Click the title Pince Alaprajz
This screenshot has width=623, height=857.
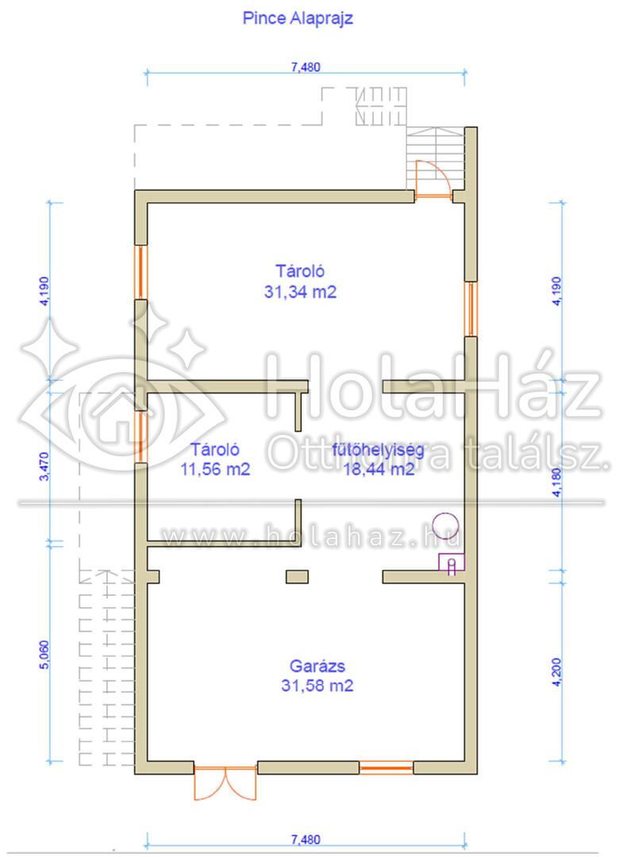click(298, 18)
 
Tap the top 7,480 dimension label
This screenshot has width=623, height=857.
click(306, 67)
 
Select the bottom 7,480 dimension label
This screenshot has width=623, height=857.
click(306, 840)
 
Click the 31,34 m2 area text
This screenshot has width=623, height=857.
click(300, 292)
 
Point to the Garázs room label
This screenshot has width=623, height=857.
click(317, 666)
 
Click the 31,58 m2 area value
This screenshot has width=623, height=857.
click(317, 686)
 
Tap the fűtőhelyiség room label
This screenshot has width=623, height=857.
click(379, 451)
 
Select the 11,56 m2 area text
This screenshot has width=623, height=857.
click(215, 469)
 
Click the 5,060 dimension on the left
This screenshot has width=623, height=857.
click(44, 654)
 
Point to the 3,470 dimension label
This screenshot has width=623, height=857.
click(44, 467)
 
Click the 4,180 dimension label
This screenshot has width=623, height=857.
click(556, 482)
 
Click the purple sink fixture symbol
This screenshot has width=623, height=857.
click(452, 563)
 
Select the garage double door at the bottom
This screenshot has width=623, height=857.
click(225, 781)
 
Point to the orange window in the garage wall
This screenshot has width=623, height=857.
click(386, 767)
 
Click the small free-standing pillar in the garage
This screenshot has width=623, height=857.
click(298, 577)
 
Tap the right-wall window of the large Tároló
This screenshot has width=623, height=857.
click(471, 309)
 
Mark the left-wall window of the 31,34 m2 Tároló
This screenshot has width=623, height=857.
click(141, 272)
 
